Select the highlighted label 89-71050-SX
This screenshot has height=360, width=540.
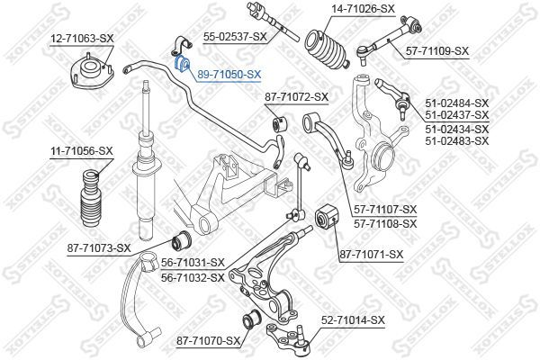[x=229, y=75]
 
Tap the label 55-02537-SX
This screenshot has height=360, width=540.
[x=235, y=37]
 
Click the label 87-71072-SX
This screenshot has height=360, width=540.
[x=296, y=96]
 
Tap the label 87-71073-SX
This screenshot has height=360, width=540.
[x=98, y=247]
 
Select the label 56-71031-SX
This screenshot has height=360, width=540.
[x=192, y=263]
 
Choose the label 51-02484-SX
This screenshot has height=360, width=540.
[x=456, y=104]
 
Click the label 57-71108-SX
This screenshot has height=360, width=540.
[x=386, y=222]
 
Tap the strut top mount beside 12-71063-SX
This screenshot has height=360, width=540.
[x=90, y=70]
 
